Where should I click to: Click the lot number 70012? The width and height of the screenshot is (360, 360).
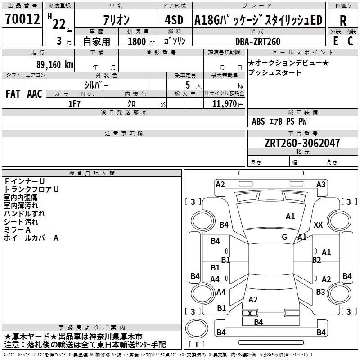22,19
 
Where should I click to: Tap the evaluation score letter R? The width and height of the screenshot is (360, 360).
343,21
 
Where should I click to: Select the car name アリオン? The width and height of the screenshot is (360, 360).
116,20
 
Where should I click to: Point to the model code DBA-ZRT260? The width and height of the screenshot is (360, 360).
257,41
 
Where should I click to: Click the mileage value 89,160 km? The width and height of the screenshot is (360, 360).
55,64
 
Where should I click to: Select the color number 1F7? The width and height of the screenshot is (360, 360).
74,103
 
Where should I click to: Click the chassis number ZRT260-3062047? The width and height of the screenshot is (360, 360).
302,143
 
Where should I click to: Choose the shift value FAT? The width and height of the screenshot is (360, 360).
13,94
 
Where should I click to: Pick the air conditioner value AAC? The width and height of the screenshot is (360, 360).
35,94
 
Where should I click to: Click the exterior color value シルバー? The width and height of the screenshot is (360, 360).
96,85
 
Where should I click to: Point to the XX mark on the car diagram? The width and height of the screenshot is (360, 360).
318,225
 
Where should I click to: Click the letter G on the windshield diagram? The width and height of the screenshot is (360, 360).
284,237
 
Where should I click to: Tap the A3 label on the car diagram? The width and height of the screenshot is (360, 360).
321,184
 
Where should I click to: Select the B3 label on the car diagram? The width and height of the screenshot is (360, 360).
320,292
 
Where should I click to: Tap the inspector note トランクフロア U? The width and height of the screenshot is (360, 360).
31,189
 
